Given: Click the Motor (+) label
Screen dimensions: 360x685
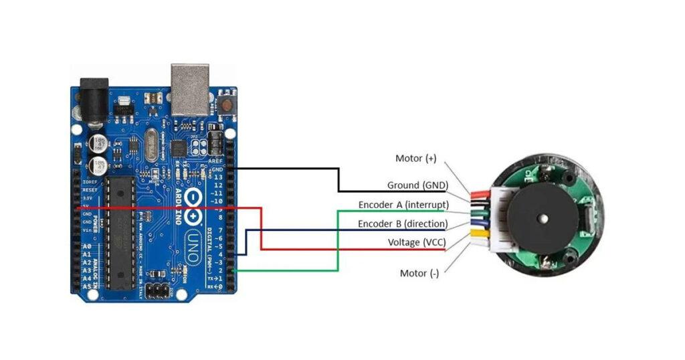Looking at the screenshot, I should point(415,159).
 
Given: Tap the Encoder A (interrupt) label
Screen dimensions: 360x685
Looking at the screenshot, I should point(403,204).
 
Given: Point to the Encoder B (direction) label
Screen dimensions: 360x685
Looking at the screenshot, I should point(403,223).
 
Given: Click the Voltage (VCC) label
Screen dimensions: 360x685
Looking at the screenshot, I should point(417,242).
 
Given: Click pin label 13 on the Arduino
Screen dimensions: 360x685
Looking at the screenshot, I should point(219,177).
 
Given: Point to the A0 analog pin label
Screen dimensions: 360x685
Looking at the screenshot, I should point(86,246).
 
